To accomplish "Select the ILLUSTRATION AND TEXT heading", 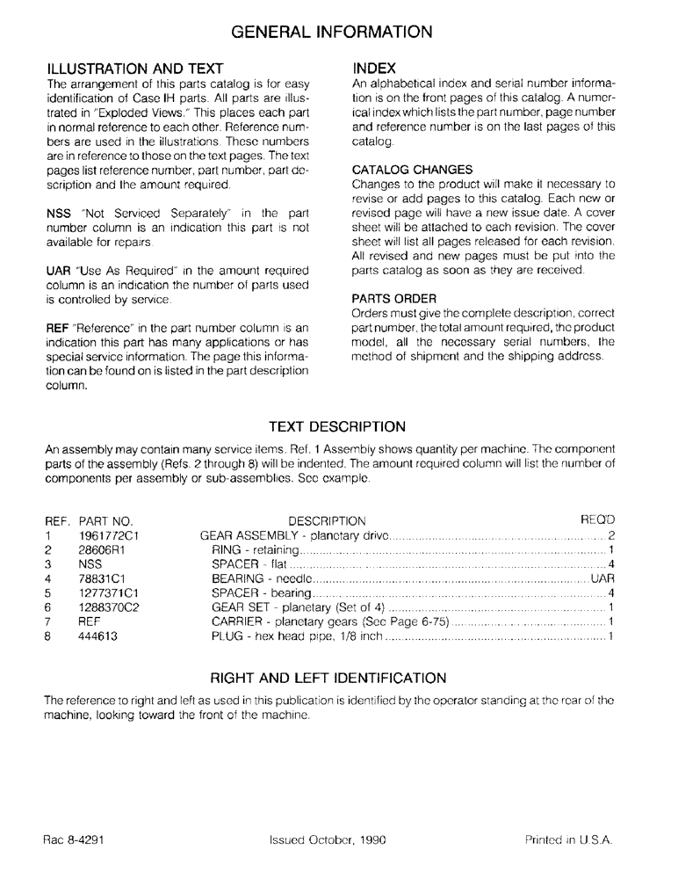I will click(135, 68).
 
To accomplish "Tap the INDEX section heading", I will click(374, 68).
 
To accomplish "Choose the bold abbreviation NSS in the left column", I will click(57, 213).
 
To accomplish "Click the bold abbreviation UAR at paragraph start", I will click(58, 268).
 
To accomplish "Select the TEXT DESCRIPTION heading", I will click(337, 427).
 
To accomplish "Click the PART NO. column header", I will click(105, 520).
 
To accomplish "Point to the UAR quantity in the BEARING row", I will click(602, 579).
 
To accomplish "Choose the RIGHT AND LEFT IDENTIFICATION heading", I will click(329, 679).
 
